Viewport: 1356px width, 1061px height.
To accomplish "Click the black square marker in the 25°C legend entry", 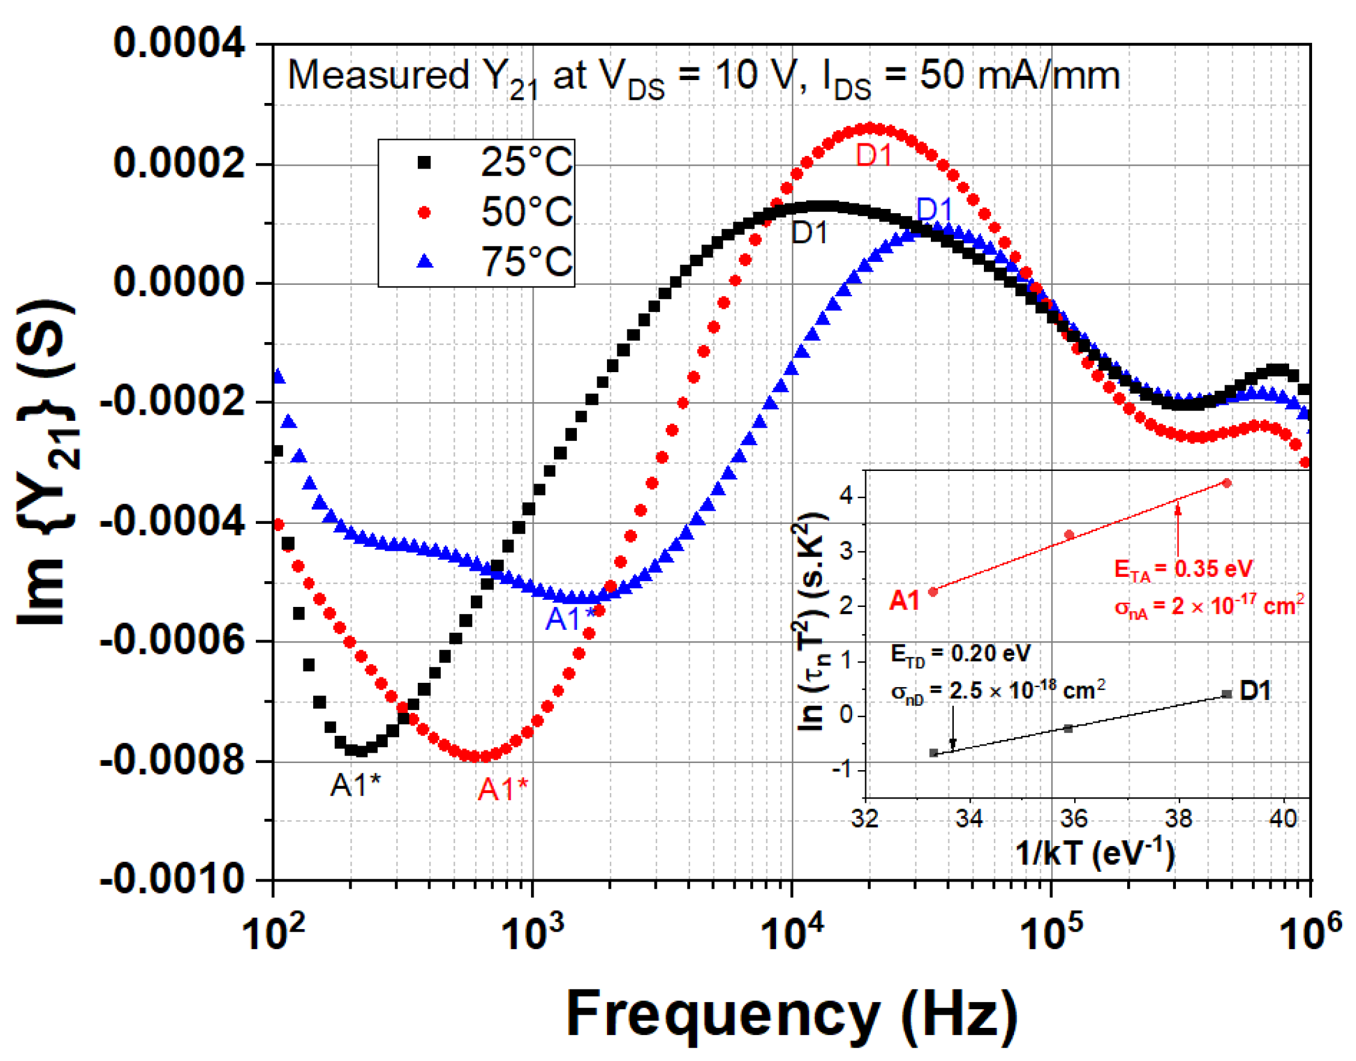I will click(x=425, y=163).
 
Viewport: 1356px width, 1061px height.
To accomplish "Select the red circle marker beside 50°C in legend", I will click(x=425, y=213).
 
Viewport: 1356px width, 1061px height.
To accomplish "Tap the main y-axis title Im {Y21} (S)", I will click(x=46, y=463).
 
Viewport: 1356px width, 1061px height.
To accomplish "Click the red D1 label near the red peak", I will click(x=873, y=155).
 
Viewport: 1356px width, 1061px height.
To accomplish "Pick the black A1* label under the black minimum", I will click(x=355, y=786).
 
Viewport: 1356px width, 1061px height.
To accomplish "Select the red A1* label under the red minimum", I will click(x=503, y=789).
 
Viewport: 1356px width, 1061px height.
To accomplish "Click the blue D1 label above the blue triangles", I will click(x=935, y=210).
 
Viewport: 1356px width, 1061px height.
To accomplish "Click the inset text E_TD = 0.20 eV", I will click(x=960, y=653).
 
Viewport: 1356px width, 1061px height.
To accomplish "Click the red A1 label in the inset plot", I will click(x=904, y=601).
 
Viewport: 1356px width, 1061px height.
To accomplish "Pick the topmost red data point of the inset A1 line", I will click(x=1227, y=483).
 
